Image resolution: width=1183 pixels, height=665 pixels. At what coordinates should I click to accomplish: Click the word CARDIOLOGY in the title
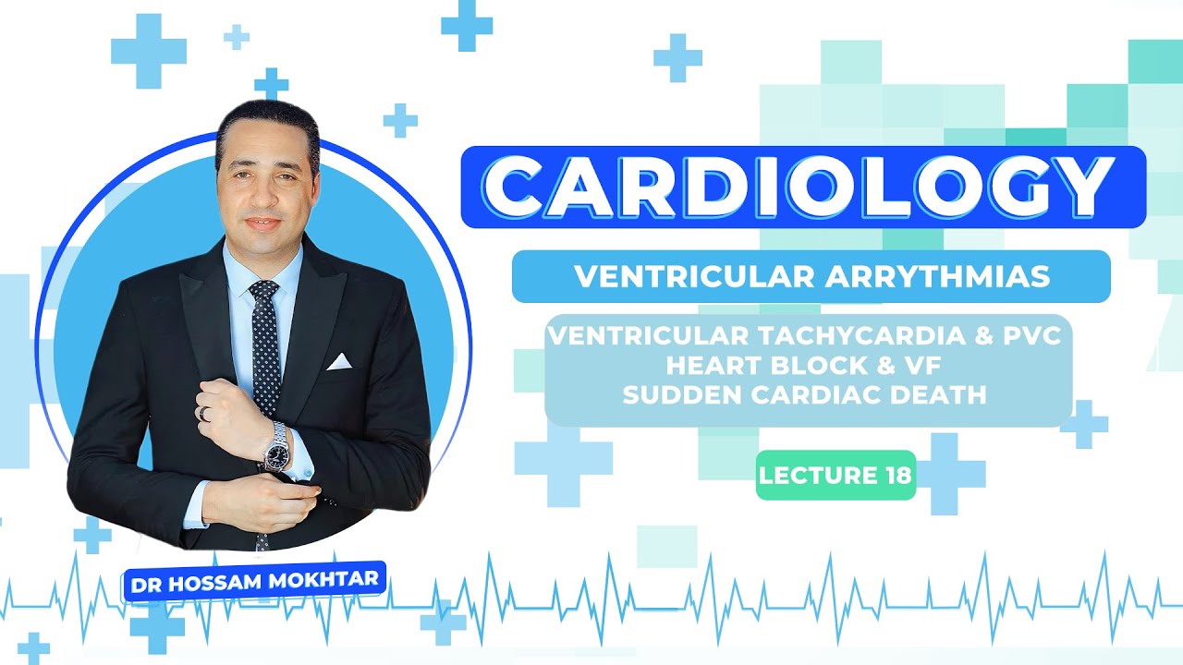coord(802,187)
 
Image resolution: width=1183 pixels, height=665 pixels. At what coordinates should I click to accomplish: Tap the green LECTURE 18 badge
coord(835,476)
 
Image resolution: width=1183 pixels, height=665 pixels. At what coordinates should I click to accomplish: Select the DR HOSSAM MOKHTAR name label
coord(254,584)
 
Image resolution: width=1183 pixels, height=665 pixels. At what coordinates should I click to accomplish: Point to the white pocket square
coord(339,361)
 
